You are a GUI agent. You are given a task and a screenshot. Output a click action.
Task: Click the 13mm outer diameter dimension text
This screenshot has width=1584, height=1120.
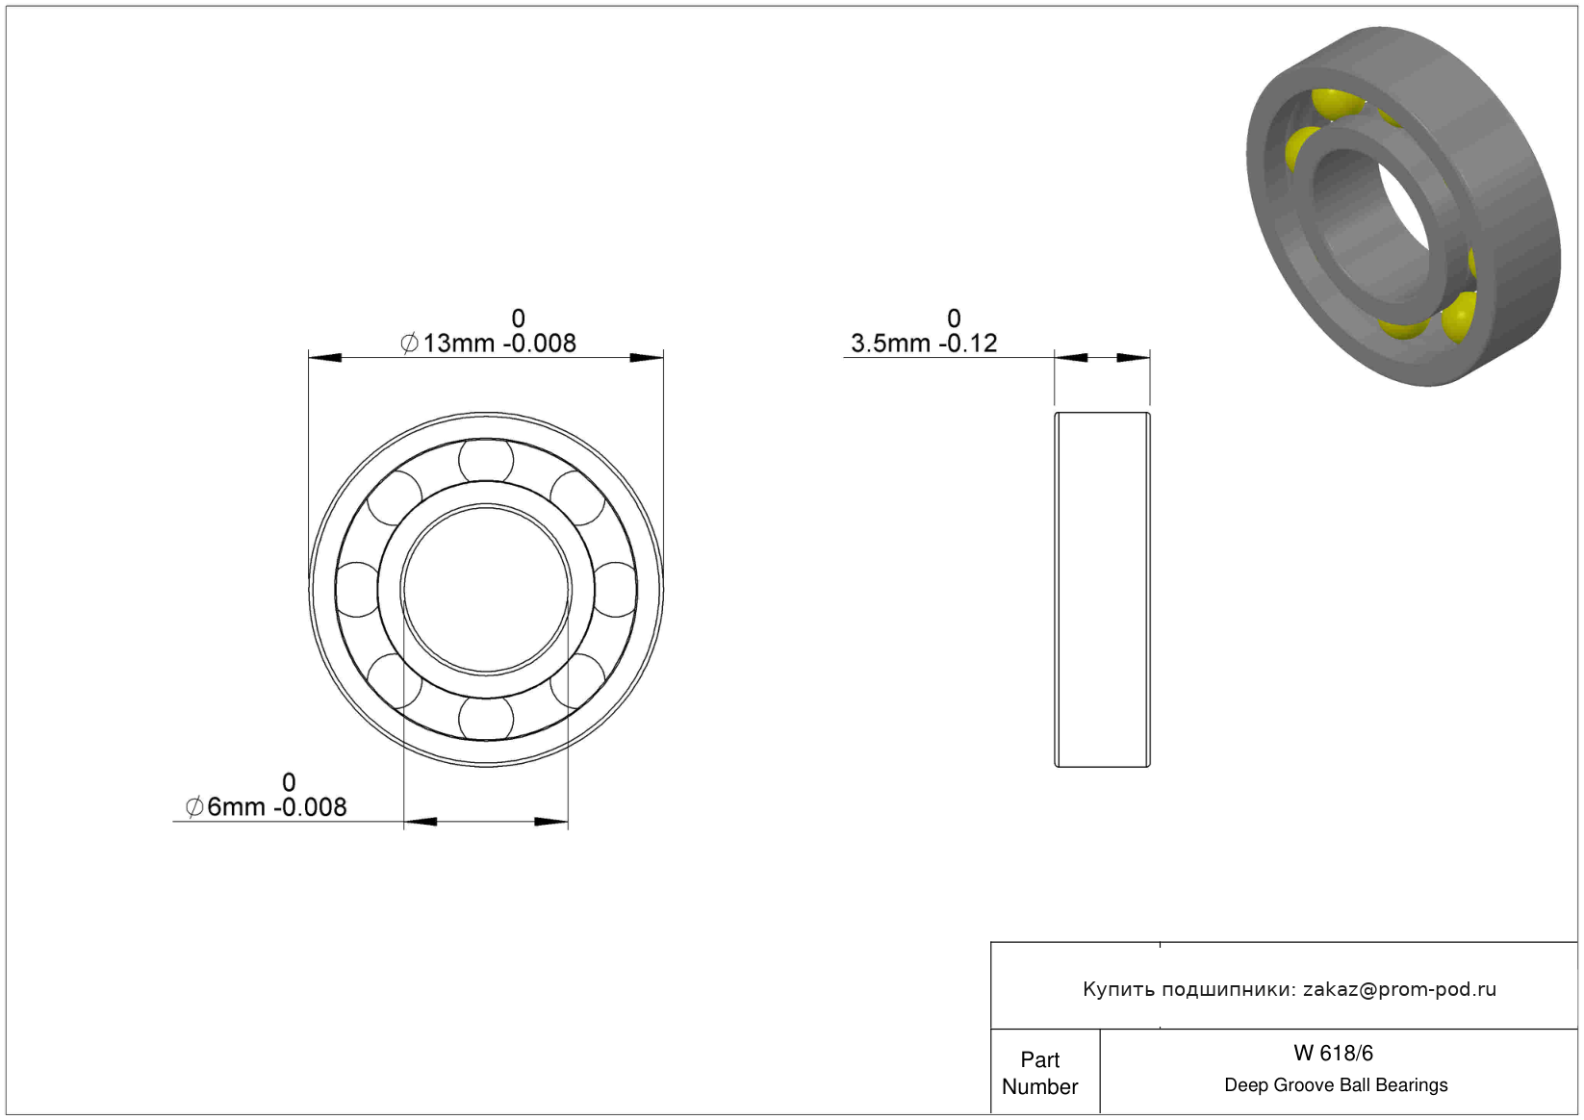(489, 331)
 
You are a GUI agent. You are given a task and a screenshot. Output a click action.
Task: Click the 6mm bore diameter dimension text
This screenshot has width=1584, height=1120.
(266, 796)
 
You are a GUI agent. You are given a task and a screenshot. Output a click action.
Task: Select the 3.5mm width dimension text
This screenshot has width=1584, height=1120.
(924, 331)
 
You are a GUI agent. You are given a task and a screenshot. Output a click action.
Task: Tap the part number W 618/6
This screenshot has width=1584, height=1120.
(1333, 1054)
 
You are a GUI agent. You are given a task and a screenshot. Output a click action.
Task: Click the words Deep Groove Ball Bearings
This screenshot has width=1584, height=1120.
(1336, 1085)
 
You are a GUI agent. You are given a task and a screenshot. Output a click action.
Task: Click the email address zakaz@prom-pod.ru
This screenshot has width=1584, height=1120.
(1399, 989)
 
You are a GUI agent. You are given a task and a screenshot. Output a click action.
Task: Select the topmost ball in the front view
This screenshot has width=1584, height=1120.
(486, 460)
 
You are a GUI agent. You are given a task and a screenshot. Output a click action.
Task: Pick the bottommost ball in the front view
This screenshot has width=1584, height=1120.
(486, 719)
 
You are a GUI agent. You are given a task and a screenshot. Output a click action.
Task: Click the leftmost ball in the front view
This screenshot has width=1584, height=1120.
(357, 590)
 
